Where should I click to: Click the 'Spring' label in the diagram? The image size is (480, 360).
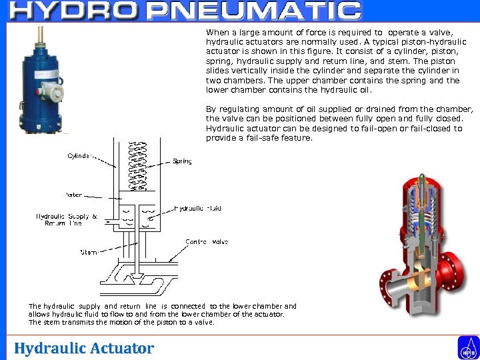click(x=182, y=161)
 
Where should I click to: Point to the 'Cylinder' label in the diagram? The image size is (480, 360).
click(x=80, y=156)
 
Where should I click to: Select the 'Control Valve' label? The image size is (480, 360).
click(x=207, y=241)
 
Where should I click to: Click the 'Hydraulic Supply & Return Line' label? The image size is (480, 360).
click(x=66, y=220)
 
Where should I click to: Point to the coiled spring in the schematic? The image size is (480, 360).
click(x=138, y=163)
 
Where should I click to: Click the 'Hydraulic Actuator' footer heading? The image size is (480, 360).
click(x=84, y=348)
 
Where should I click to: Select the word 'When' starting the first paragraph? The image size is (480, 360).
click(x=217, y=32)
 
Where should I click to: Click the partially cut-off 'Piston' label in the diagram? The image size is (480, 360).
click(x=74, y=195)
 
